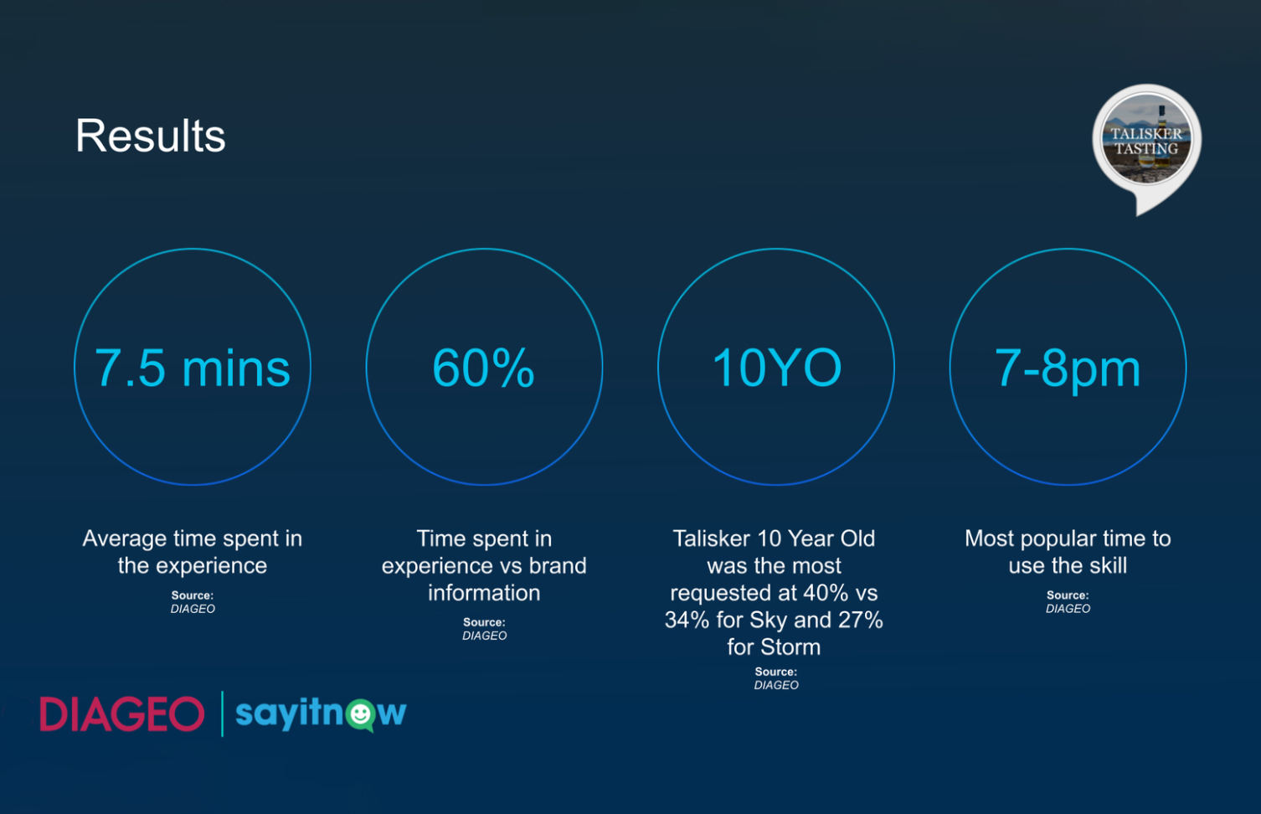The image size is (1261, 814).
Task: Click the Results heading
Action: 151,136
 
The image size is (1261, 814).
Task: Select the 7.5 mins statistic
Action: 193,368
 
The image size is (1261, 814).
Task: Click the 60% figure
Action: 484,368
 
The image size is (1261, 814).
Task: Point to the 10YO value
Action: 777,368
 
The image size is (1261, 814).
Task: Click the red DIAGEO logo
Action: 121,714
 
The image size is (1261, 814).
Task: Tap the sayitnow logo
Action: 321,714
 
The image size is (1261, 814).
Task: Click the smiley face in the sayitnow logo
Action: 361,714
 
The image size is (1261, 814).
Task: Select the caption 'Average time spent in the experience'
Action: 193,552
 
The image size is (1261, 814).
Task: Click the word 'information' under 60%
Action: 484,593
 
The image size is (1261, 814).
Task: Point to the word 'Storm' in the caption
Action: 790,647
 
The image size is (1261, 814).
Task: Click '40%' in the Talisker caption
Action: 826,593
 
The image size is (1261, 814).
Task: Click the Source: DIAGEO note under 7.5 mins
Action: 193,602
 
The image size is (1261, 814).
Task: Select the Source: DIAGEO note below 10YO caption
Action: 776,678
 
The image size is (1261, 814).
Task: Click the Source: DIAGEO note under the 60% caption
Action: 484,629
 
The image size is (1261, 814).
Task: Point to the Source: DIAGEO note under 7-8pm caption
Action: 1068,602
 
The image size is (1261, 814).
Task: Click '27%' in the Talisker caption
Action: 860,620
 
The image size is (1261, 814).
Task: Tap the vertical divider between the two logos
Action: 223,714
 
